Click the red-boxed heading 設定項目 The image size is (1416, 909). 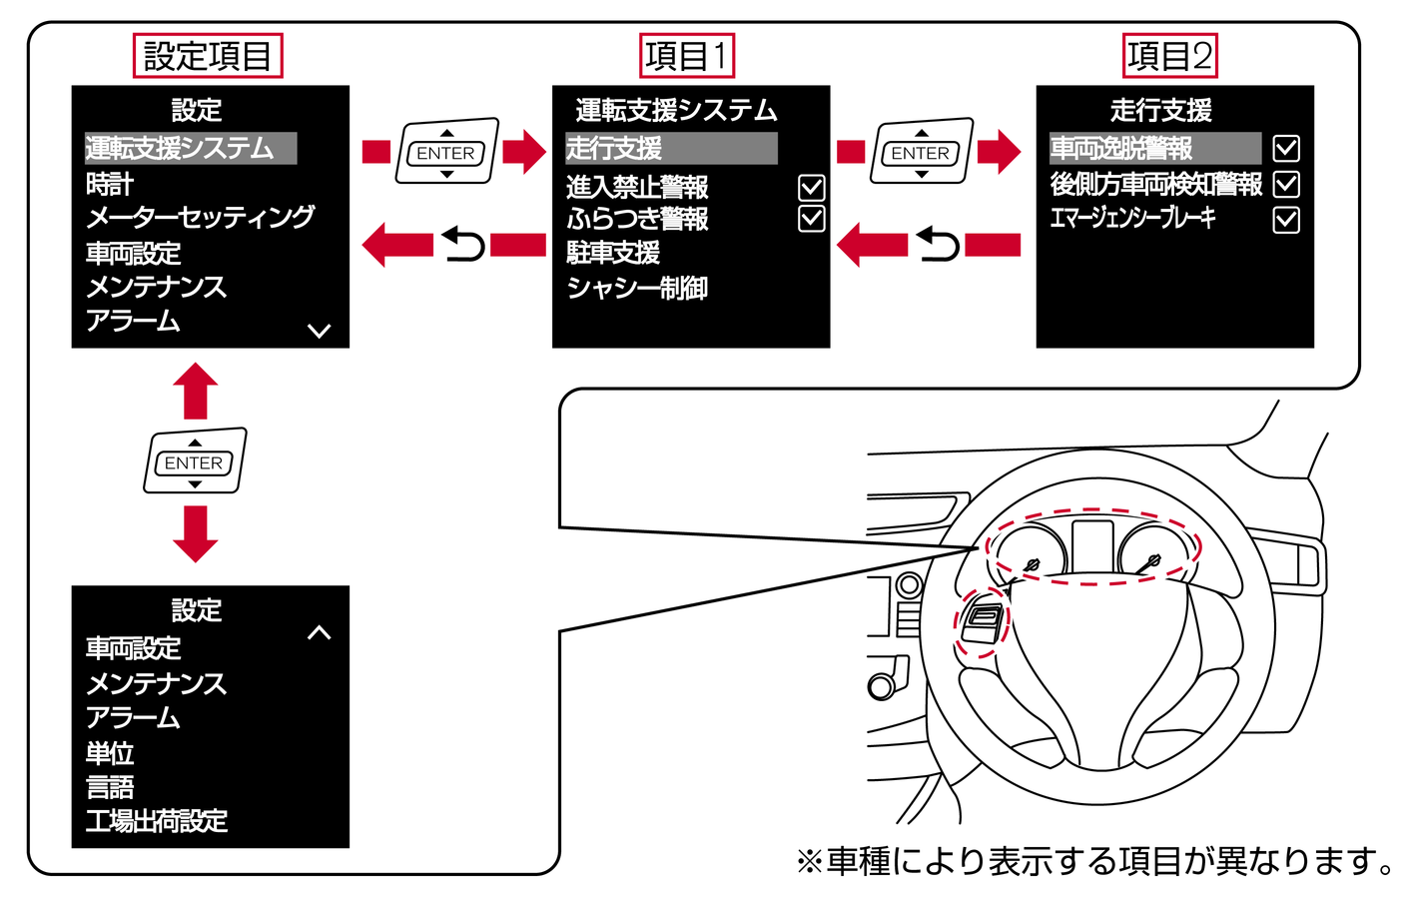tap(208, 56)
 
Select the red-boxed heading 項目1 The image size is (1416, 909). tap(687, 56)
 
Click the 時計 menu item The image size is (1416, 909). tap(110, 185)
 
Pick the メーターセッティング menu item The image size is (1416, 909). tap(200, 218)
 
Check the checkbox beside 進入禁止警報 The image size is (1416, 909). tap(812, 187)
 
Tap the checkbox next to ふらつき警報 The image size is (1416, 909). tap(812, 219)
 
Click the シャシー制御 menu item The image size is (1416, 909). tap(637, 289)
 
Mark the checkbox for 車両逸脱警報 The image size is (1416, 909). tap(1286, 149)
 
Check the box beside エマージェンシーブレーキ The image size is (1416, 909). tap(1286, 220)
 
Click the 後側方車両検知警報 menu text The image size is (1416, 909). tap(1155, 185)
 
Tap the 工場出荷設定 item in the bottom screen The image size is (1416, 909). tap(157, 822)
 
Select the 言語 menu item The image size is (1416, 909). tap(110, 788)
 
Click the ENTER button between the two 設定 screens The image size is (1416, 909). tap(195, 462)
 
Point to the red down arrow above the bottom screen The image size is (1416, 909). tap(195, 533)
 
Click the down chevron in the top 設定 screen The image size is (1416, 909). tap(320, 331)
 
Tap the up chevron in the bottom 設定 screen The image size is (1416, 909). tap(320, 632)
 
